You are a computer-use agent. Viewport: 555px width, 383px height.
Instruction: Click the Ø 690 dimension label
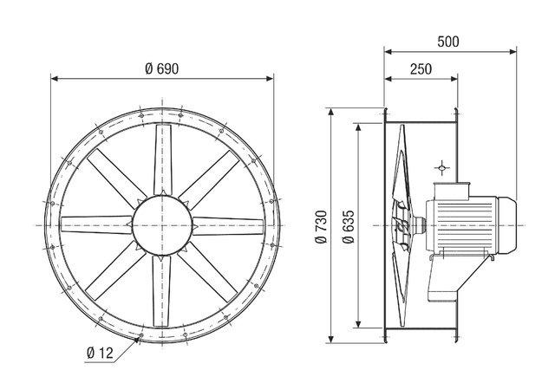point(162,69)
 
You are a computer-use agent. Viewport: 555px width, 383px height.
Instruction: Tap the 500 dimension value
point(448,42)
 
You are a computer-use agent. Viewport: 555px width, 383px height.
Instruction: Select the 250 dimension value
point(421,69)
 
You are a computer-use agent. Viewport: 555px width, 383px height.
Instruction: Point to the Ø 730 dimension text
point(321,227)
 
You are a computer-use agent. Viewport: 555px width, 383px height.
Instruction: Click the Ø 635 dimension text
point(349,227)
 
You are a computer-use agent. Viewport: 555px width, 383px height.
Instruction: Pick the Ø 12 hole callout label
point(100,353)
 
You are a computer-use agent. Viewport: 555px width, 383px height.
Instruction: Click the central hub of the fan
point(162,225)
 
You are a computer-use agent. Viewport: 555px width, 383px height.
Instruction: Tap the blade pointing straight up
point(163,159)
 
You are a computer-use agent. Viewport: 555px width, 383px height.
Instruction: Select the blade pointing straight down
point(161,290)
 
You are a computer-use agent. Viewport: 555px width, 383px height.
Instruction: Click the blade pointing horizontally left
point(96,224)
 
